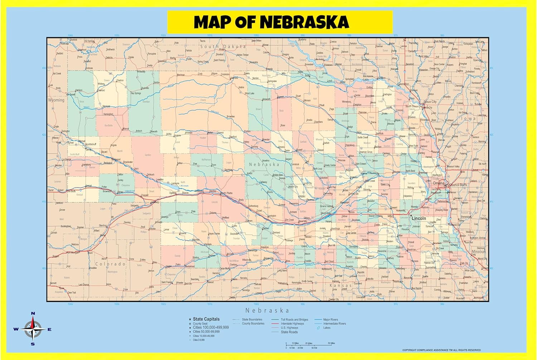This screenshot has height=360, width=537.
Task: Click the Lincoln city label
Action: (x=419, y=218)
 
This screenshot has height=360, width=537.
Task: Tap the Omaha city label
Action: (x=439, y=183)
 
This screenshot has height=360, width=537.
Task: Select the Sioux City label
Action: (x=430, y=102)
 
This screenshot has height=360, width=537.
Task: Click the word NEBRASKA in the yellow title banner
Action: (x=304, y=22)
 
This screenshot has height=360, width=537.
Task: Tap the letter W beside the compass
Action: (x=16, y=330)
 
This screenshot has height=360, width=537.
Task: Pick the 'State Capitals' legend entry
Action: (x=206, y=319)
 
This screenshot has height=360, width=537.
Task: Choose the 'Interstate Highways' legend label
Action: (x=292, y=323)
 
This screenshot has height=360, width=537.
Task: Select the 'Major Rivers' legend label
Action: (x=330, y=320)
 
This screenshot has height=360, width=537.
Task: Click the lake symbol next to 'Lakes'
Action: (x=318, y=328)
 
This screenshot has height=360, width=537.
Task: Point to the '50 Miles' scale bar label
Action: (x=332, y=343)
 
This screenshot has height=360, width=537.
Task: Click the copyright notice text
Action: (x=441, y=350)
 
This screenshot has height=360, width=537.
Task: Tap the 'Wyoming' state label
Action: (x=56, y=100)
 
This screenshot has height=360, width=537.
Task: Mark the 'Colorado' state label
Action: (x=111, y=264)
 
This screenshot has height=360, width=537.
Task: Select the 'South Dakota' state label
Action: (x=223, y=47)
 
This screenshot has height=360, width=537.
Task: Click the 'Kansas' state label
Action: (x=340, y=285)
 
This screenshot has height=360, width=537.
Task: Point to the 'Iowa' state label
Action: (x=468, y=119)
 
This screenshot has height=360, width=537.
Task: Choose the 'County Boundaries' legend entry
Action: (x=253, y=323)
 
